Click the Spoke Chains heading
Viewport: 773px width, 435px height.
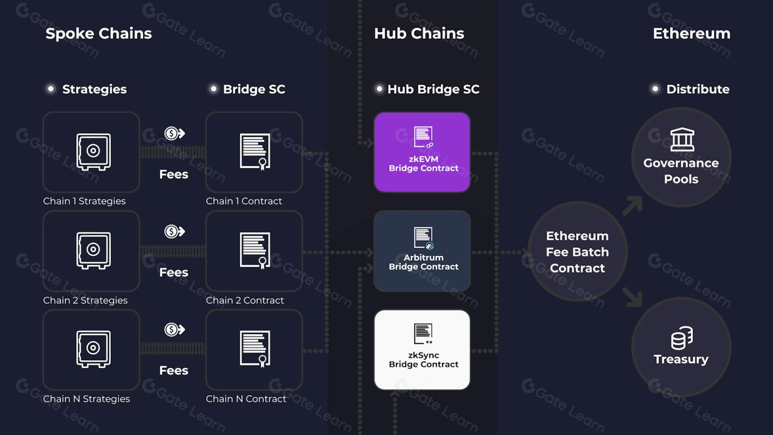pos(98,34)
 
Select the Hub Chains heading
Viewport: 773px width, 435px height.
pos(419,34)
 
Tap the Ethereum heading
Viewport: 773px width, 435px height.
pos(691,34)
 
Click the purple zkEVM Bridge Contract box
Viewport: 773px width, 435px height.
pos(422,152)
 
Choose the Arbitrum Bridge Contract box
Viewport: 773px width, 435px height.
pos(422,251)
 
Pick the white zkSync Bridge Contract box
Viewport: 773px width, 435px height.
pos(422,350)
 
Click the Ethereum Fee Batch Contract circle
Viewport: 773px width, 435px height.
pos(577,252)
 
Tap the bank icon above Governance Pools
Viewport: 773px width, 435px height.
pos(682,139)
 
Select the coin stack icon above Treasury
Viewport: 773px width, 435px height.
pos(682,337)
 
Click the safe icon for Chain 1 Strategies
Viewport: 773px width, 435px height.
pos(93,152)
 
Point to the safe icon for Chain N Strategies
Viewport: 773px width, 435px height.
pos(93,349)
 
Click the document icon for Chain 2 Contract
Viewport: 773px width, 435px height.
pos(255,250)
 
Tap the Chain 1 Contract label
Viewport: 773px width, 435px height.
pos(244,201)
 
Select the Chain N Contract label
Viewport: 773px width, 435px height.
pos(246,399)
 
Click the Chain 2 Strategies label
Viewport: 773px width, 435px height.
pos(85,300)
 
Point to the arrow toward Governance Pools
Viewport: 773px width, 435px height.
pos(633,205)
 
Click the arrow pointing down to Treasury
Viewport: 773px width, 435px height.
pos(633,297)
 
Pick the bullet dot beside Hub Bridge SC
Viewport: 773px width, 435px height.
pos(379,89)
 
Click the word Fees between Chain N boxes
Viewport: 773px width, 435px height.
pos(173,370)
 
